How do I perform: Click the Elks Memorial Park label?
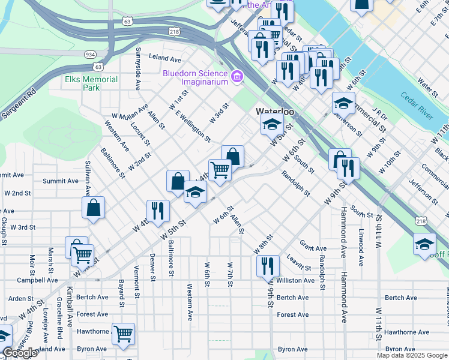click(x=91, y=83)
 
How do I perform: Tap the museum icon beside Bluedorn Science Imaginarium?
click(x=237, y=77)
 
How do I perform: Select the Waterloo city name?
click(x=274, y=112)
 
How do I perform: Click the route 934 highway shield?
click(x=89, y=53)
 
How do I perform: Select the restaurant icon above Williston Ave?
click(x=268, y=265)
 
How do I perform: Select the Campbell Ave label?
click(x=37, y=280)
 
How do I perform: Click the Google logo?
click(x=20, y=353)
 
